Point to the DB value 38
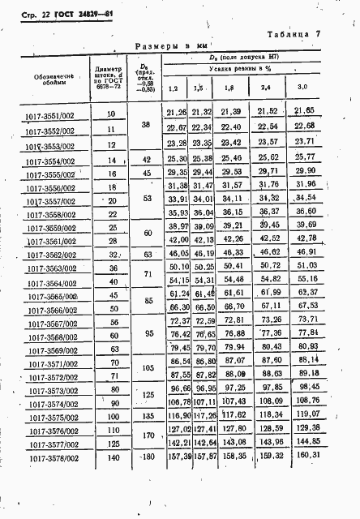pyautogui.click(x=145, y=127)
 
